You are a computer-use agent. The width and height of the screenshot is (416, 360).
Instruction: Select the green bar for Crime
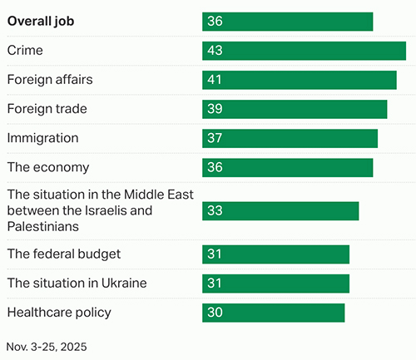tap(304, 51)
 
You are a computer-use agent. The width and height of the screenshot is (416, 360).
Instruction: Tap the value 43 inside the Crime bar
tap(215, 51)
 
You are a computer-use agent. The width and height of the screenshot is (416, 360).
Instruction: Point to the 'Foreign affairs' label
tap(50, 80)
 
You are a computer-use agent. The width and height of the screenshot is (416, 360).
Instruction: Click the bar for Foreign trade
tap(295, 109)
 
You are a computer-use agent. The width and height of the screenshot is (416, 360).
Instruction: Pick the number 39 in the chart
tap(215, 109)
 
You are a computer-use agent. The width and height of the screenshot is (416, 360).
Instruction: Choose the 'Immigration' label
tap(42, 138)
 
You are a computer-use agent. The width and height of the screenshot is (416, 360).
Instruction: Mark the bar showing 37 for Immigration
tap(290, 138)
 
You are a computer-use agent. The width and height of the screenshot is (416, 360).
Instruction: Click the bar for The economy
tap(287, 167)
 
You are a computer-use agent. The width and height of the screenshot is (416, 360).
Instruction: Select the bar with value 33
tap(280, 210)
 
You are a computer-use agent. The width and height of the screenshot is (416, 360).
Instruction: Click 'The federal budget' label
tap(64, 254)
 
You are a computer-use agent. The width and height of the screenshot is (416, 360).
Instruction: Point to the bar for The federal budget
tap(275, 254)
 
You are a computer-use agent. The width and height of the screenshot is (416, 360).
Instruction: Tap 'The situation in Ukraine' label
tap(77, 283)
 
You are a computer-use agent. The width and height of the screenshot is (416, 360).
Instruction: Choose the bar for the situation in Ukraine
tap(275, 283)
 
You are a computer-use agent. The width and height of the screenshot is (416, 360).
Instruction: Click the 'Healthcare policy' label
tap(59, 312)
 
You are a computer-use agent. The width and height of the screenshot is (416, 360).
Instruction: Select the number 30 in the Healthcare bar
tap(215, 312)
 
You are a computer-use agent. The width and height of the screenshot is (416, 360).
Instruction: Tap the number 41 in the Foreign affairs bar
tap(215, 80)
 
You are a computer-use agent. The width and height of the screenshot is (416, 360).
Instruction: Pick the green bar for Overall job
tap(287, 22)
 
